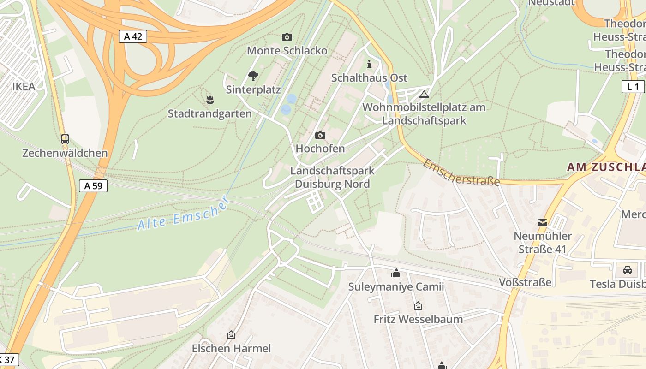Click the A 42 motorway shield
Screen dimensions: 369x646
coord(133,36)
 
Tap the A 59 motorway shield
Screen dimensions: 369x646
coord(93,186)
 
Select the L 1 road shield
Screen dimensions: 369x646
coord(633,87)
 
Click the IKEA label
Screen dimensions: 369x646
coord(24,87)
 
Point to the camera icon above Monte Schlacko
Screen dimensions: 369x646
coord(287,37)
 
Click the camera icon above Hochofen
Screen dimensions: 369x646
coord(320,135)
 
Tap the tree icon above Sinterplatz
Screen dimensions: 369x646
coord(253,76)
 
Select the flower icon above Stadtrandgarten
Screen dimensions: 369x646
coord(210,100)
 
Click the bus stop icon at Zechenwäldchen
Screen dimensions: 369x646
coord(65,139)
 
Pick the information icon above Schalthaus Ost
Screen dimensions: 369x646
coord(369,64)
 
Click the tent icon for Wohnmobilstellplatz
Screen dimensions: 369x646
coord(424,95)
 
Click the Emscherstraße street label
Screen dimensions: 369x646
coord(461,173)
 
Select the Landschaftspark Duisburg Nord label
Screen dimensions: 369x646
coord(332,177)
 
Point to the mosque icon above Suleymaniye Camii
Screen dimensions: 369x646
coord(396,274)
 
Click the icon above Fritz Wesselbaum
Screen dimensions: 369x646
coord(418,306)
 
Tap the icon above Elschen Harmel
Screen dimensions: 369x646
coord(231,335)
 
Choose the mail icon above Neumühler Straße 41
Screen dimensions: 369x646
coord(543,223)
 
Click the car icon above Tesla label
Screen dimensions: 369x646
coord(627,270)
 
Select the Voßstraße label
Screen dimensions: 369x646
coord(525,282)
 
